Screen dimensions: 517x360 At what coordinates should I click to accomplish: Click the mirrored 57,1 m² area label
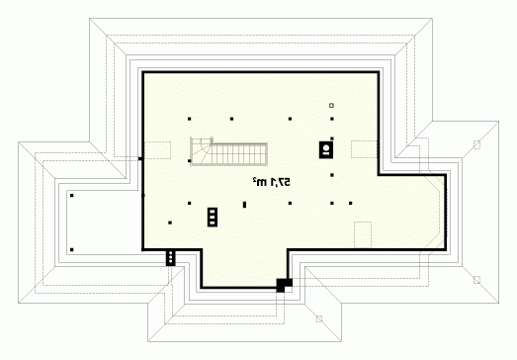point(272,182)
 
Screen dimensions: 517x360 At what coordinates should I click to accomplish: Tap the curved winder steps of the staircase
point(201,150)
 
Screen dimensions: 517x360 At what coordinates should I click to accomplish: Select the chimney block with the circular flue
point(326,149)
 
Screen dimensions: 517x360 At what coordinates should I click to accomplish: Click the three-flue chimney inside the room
point(213,218)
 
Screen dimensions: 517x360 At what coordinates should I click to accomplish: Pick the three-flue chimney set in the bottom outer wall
point(170,257)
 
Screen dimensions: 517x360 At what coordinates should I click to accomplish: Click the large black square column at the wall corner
point(284,285)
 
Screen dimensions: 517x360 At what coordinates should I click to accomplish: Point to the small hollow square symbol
point(331,105)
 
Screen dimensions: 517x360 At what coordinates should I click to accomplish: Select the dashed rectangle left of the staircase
point(157,150)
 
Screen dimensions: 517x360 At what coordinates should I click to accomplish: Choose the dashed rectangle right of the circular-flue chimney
point(364,149)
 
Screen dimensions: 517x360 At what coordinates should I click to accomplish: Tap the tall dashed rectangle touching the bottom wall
point(363,235)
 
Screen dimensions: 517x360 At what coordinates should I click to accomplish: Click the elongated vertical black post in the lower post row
point(244,205)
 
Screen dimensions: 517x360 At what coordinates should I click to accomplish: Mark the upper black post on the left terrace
point(72,196)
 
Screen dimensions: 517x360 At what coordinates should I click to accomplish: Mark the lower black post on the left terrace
point(72,250)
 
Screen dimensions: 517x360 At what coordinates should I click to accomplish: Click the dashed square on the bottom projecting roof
point(319,318)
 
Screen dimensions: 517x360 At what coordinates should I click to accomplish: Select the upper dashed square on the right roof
point(476,144)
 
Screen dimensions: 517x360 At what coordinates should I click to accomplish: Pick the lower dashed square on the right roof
point(476,280)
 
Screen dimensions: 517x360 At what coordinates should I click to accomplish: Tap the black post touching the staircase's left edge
point(189,161)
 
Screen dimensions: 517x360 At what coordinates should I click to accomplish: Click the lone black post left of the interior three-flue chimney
point(170,223)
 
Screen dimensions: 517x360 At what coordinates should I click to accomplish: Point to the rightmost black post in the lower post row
point(350,204)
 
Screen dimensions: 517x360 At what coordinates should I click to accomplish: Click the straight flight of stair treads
point(240,154)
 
